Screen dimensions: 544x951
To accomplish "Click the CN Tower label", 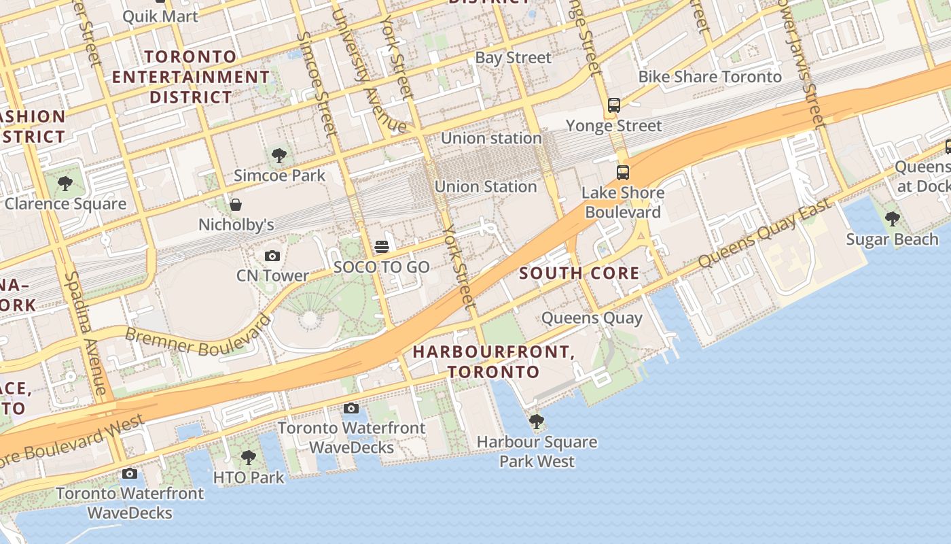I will click(x=272, y=275).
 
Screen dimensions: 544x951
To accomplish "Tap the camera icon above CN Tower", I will click(x=272, y=256).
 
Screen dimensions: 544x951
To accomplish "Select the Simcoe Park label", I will click(x=279, y=175).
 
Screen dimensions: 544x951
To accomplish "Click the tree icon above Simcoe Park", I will click(x=279, y=156).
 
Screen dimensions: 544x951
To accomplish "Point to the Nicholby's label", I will click(x=236, y=224).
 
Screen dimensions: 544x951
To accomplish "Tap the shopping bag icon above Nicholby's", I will click(x=236, y=205).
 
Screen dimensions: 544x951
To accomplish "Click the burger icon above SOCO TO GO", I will click(x=382, y=247).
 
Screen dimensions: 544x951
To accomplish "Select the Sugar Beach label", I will click(x=892, y=239).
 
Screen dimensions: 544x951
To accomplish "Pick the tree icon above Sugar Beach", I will click(x=893, y=219).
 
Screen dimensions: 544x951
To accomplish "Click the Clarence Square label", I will click(x=65, y=203).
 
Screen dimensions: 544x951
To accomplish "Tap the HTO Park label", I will click(x=249, y=477).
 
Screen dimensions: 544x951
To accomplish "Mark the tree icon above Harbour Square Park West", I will click(x=537, y=422).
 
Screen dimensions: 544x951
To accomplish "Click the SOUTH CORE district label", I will click(x=579, y=273).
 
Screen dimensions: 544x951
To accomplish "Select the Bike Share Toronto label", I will click(x=710, y=77).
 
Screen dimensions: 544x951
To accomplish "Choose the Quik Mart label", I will click(x=160, y=16).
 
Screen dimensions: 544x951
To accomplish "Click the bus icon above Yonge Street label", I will click(x=614, y=105).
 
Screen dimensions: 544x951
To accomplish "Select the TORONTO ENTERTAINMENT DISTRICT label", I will click(x=191, y=77).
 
